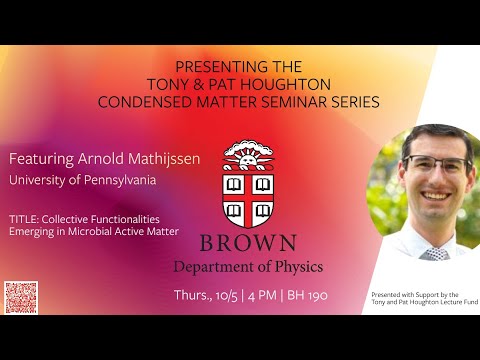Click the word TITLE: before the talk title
24,218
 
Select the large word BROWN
247,242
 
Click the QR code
20,297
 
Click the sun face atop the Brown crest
246,154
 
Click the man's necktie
434,253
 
